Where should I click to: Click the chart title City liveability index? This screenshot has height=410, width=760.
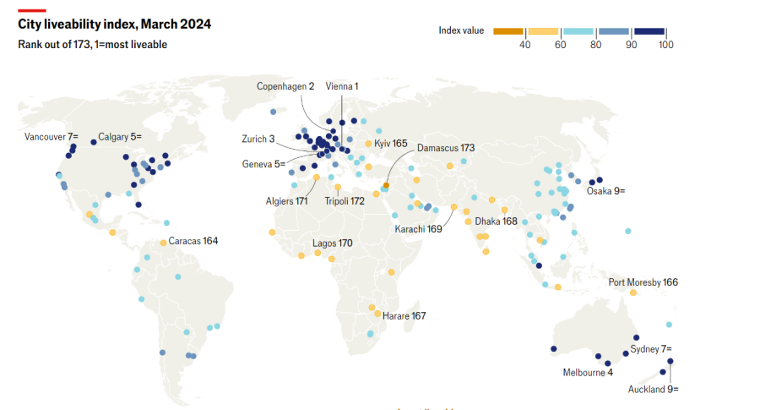[114, 25]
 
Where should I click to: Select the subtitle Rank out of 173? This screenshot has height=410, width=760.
[92, 44]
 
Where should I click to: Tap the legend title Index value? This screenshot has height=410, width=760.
[461, 30]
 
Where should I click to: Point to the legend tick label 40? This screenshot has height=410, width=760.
[524, 45]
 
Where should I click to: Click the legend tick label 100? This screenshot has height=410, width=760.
[665, 45]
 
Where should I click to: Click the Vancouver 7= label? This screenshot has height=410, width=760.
[51, 136]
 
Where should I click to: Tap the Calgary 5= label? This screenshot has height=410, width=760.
[120, 136]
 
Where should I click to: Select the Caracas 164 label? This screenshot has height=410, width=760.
[193, 241]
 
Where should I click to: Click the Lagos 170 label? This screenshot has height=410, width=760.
[333, 243]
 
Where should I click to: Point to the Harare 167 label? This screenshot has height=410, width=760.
[404, 315]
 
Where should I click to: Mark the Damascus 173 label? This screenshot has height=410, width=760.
[446, 148]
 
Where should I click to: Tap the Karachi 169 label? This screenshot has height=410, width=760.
[418, 229]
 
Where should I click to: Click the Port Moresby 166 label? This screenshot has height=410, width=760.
[643, 282]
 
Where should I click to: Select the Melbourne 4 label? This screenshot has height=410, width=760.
[588, 373]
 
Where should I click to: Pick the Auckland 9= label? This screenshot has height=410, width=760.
[653, 390]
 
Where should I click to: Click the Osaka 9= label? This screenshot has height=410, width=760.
[606, 191]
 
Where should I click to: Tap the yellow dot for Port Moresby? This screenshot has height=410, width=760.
[632, 292]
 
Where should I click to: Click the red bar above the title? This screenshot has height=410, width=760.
[31, 10]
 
